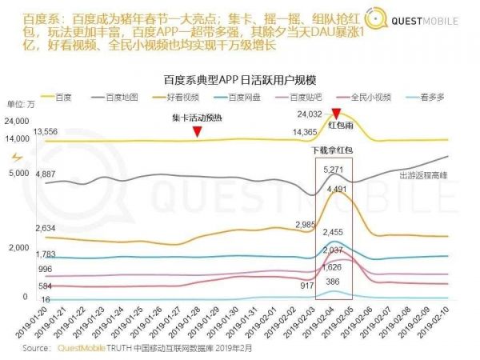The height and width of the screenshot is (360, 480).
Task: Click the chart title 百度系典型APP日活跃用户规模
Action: point(240,79)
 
